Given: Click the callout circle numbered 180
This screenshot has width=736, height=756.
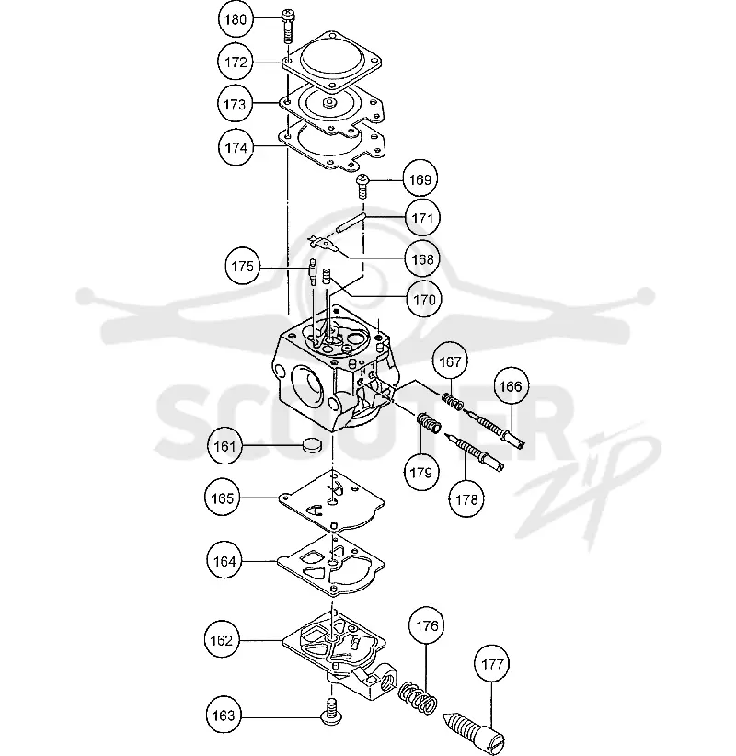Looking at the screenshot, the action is click(236, 19).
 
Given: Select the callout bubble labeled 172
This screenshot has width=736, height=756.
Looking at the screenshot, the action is click(236, 63).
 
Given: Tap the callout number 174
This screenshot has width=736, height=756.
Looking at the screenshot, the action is click(236, 147).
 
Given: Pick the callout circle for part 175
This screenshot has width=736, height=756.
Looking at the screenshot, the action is click(243, 266).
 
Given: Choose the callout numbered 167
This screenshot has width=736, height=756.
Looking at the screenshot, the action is click(450, 361).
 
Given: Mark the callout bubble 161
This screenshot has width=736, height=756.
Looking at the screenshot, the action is click(225, 446).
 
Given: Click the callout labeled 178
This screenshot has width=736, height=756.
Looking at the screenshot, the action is click(466, 499).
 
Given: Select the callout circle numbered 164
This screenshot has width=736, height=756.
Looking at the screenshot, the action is click(224, 561).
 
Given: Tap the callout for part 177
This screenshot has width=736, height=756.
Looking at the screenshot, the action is click(492, 664).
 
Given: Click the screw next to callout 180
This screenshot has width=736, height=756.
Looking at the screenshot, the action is click(288, 26).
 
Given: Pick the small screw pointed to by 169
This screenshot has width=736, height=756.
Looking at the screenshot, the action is click(362, 187).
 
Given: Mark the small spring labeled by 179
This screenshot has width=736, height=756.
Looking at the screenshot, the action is click(430, 423).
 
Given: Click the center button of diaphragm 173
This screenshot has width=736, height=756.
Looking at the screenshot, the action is click(329, 102).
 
